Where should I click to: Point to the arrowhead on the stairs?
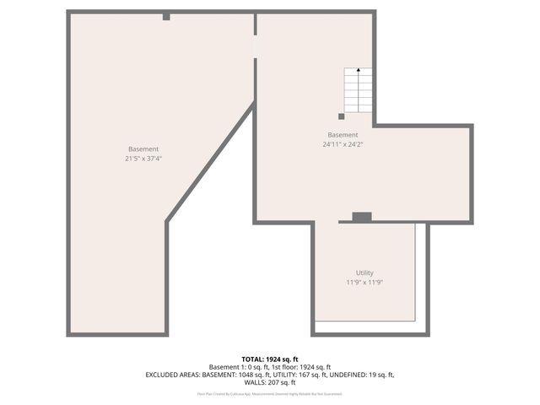[x=359, y=70]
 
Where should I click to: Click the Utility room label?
[x=364, y=273]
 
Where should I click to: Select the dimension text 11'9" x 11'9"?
[x=364, y=283]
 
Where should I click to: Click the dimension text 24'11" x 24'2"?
[x=343, y=144]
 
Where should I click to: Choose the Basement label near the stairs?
[x=343, y=135]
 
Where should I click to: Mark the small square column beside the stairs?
[x=342, y=116]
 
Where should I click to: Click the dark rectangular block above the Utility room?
[x=362, y=217]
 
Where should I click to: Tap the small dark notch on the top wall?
[x=166, y=16]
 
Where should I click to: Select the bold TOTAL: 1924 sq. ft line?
[x=270, y=359]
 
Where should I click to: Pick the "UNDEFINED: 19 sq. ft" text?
[x=364, y=374]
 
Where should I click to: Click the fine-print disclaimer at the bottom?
[x=270, y=393]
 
